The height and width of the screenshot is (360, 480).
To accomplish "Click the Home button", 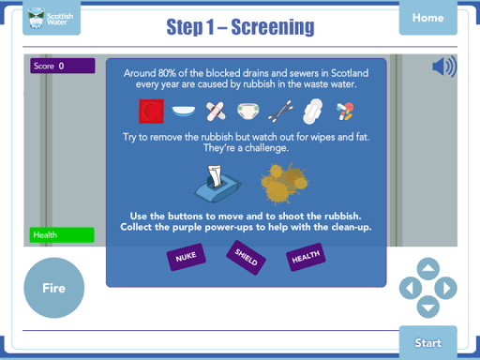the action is [427, 18].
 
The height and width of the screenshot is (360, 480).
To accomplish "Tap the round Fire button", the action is [54, 288].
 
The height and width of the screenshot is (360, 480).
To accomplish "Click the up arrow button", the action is [428, 269].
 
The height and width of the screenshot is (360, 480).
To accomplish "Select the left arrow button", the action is [411, 288].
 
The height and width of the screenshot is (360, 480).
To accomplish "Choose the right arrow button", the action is [445, 288].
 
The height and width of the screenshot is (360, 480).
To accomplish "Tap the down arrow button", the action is [428, 307].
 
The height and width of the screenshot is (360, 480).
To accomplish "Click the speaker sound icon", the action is [444, 67].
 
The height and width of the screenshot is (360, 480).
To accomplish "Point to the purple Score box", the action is [63, 66].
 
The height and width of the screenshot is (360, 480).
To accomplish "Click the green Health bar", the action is [62, 235].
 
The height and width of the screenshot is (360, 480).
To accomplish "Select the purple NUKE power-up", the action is [187, 257].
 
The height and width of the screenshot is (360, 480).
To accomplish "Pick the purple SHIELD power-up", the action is [247, 258].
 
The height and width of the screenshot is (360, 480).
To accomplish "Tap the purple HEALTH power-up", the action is [306, 257].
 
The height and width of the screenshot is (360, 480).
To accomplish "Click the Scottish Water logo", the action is [52, 18].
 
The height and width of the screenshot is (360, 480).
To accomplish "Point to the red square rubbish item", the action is [152, 112].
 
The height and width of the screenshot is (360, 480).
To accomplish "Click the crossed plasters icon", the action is [216, 112].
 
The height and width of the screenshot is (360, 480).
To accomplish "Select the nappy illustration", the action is [248, 111].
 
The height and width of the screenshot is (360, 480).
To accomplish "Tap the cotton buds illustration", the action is [280, 112].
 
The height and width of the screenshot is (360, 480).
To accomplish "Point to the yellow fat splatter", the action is [284, 184].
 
